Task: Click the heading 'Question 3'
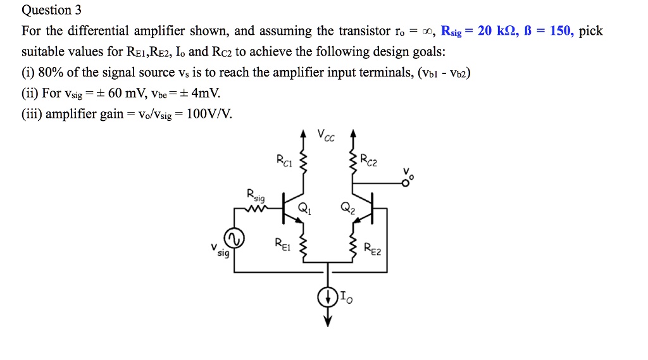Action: [47, 10]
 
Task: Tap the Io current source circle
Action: [328, 297]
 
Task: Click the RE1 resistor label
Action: [282, 244]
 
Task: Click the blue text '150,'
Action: [561, 31]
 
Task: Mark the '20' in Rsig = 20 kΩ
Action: [486, 31]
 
